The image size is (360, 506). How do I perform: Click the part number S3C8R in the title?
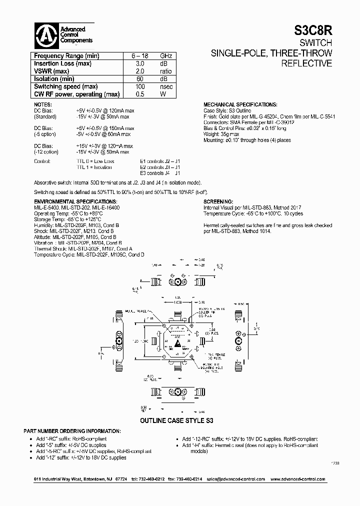[312, 31]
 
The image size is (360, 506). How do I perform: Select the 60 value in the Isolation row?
[140, 79]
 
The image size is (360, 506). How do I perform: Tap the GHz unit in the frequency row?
[166, 56]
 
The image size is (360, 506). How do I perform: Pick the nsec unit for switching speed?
[166, 86]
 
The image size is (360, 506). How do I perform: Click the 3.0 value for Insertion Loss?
[140, 64]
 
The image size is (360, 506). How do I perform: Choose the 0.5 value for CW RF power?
[140, 94]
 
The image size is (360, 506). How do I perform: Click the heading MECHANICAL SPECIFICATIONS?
[240, 104]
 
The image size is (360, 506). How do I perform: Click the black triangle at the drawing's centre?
[179, 345]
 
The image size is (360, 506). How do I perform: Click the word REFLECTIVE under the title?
[306, 63]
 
